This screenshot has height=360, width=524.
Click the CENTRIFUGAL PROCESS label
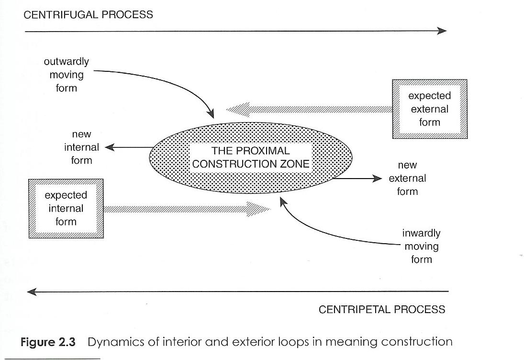click(x=89, y=14)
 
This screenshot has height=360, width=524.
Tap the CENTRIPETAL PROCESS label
click(x=381, y=309)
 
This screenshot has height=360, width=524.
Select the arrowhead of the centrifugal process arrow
click(x=441, y=31)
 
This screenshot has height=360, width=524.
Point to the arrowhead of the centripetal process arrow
click(x=33, y=291)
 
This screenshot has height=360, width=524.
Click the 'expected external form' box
click(x=429, y=109)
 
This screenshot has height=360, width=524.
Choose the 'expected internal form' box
click(x=66, y=208)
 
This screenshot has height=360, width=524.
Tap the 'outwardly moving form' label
click(x=67, y=75)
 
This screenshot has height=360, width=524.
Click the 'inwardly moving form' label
click(x=421, y=247)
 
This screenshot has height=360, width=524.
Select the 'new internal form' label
click(x=81, y=147)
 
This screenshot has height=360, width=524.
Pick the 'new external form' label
click(x=407, y=178)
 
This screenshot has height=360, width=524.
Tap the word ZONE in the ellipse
click(x=294, y=164)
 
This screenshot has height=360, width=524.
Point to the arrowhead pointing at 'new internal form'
click(x=109, y=147)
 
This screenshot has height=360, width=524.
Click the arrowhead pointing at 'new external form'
click(x=378, y=179)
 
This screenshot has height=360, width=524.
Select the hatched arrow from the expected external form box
click(x=311, y=110)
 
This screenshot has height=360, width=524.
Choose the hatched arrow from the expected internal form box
click(x=187, y=208)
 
